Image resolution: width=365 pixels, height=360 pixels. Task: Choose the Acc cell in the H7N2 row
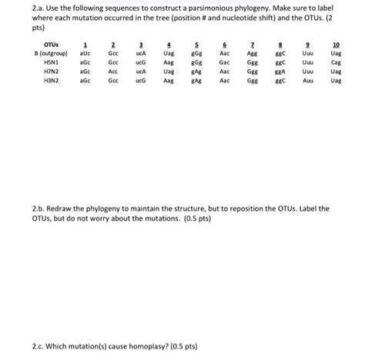[113, 70]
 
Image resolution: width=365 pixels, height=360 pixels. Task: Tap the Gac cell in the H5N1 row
[224, 62]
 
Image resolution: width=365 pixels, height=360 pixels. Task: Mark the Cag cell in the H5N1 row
[336, 62]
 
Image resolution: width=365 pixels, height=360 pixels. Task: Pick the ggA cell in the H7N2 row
[280, 70]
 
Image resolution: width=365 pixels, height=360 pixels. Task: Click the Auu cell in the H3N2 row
[308, 79]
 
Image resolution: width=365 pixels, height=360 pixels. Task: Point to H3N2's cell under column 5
[197, 79]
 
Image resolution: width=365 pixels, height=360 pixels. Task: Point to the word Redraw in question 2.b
[45, 208]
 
